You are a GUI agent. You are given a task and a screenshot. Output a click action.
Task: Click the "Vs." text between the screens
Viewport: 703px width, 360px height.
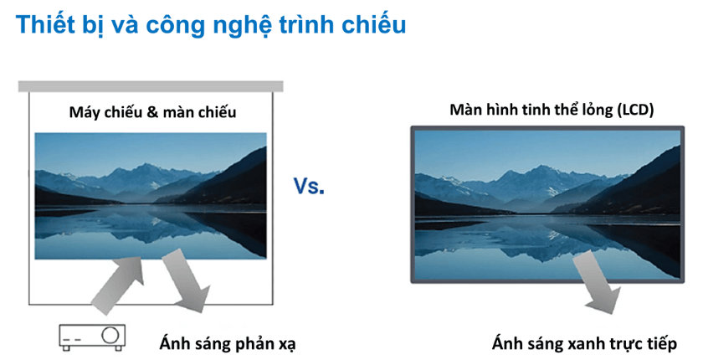(x=309, y=187)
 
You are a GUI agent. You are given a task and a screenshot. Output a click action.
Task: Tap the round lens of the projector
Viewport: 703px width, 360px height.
(x=110, y=335)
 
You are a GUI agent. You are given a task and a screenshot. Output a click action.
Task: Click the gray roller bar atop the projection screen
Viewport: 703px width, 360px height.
(x=151, y=85)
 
